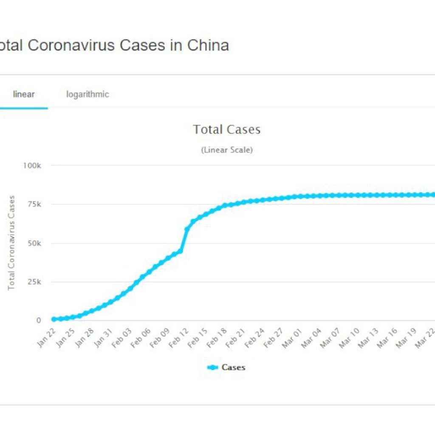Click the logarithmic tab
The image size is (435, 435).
(x=88, y=94)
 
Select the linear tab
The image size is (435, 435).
(x=24, y=94)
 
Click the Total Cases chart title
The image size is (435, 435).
(x=226, y=130)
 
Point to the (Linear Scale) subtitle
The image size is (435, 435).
(x=226, y=150)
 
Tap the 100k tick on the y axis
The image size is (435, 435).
(x=32, y=165)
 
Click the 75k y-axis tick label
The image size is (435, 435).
(x=34, y=204)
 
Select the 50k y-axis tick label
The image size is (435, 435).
(x=34, y=243)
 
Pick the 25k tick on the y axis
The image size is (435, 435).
(x=34, y=282)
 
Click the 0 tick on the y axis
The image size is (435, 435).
(x=38, y=321)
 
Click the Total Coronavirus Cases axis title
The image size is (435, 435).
(x=11, y=243)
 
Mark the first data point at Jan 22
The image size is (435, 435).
(x=54, y=319)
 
